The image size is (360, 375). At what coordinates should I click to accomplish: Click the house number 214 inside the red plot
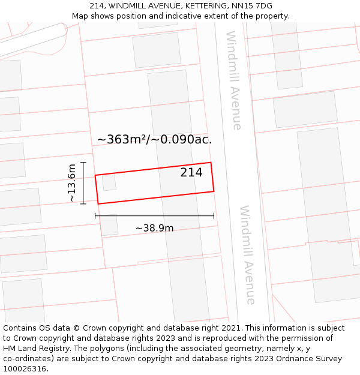coord(191,173)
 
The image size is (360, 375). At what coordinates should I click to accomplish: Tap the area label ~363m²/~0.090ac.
coord(154,139)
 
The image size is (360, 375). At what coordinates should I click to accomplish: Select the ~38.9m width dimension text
coord(154,228)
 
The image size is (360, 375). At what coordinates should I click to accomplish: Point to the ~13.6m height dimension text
coord(71,182)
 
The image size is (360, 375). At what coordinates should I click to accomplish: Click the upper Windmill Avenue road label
coord(233,80)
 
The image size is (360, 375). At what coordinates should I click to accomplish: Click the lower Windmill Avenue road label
coord(248,255)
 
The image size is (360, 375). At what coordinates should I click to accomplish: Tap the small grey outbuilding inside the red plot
coord(109,182)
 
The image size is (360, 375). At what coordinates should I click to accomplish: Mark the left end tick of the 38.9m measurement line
coord(95,215)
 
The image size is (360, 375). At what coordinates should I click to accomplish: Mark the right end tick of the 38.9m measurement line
coord(214,215)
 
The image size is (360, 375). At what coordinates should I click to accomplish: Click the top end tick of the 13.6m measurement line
coord(83,162)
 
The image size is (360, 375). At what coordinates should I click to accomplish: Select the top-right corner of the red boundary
coord(211,163)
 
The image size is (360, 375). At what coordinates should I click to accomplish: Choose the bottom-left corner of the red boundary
coord(98,204)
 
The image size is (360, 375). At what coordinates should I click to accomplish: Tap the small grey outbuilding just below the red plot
coord(109,225)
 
